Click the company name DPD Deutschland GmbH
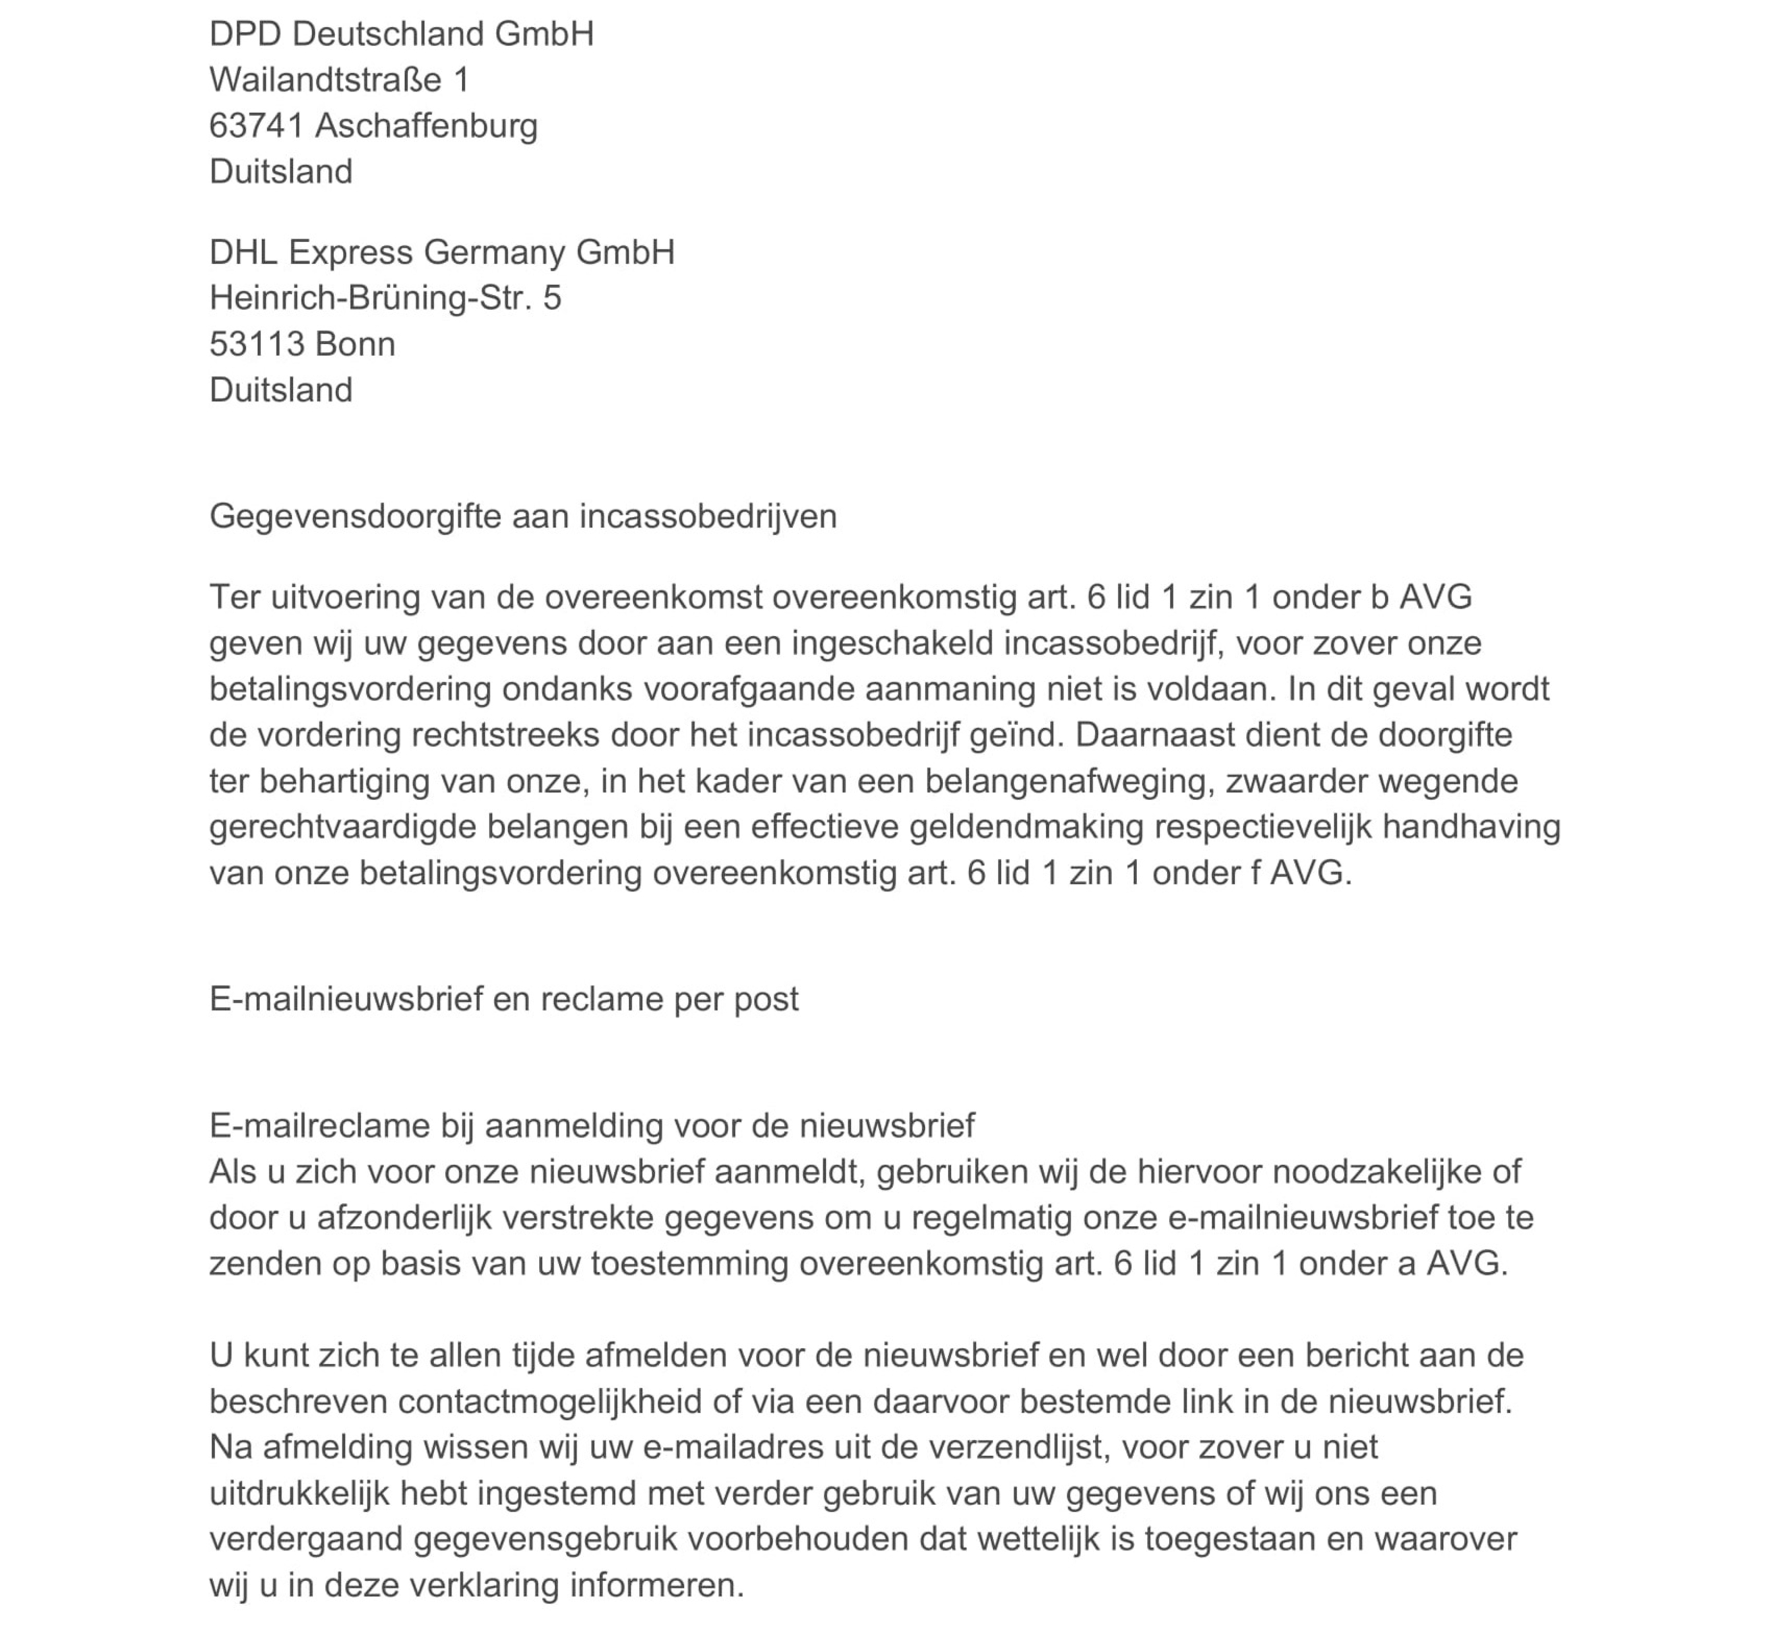(401, 34)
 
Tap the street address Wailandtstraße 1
(338, 80)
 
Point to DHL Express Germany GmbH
(442, 253)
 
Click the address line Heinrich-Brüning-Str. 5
(385, 299)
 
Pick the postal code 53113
(257, 345)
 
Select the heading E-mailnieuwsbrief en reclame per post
(504, 999)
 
